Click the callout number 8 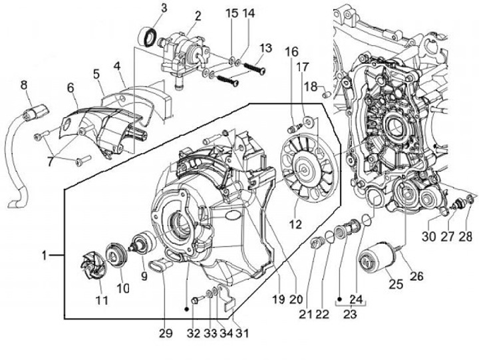[23, 85]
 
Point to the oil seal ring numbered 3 [148, 37]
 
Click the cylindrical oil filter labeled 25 [374, 256]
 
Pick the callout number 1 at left [45, 255]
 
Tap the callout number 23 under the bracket [350, 314]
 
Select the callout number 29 [166, 333]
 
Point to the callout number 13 [265, 48]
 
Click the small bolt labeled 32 [195, 300]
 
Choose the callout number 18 [311, 87]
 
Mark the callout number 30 [428, 236]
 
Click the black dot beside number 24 [339, 298]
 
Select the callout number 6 [71, 88]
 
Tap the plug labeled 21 [317, 244]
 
